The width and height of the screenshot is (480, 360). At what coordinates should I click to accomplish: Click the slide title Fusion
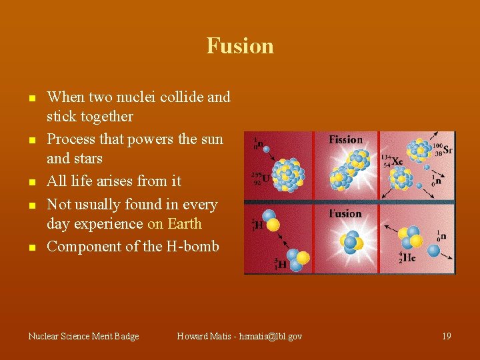pyautogui.click(x=240, y=46)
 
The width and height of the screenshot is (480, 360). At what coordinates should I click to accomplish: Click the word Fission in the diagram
pyautogui.click(x=345, y=139)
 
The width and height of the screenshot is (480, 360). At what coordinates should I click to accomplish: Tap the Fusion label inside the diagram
pyautogui.click(x=345, y=214)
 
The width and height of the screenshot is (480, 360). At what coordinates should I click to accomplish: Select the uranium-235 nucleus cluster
pyautogui.click(x=287, y=174)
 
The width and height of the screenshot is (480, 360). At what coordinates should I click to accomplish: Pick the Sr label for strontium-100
pyautogui.click(x=447, y=149)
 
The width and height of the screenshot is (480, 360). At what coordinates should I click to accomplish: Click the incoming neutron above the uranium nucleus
pyautogui.click(x=266, y=149)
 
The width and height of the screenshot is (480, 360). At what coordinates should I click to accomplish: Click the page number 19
pyautogui.click(x=446, y=336)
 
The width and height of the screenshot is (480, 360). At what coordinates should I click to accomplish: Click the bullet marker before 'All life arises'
pyautogui.click(x=31, y=182)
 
